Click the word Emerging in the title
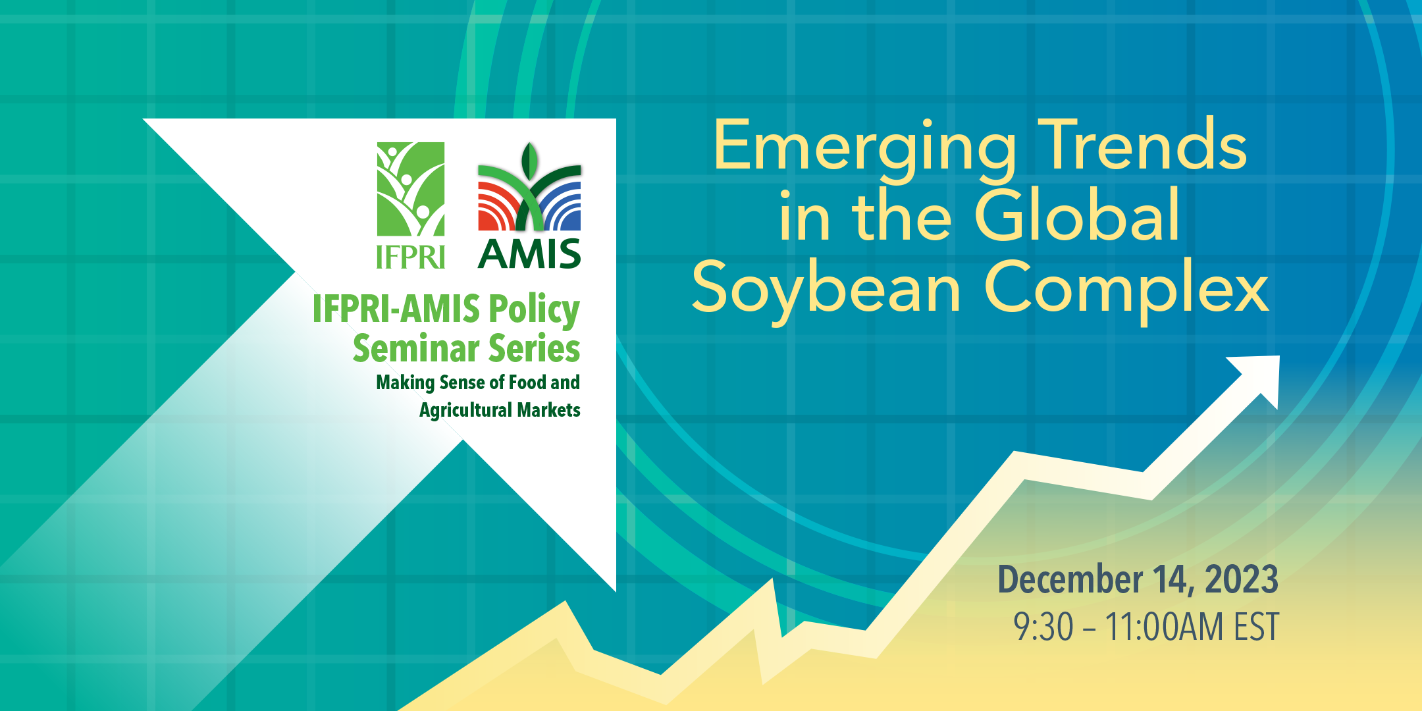[x=864, y=150]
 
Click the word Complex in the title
[x=1126, y=290]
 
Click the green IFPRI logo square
[x=411, y=189]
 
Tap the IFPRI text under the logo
[x=411, y=257]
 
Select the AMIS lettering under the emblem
[x=529, y=254]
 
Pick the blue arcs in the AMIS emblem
[x=561, y=206]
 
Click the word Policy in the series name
[x=534, y=310]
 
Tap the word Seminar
[x=416, y=348]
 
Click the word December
[x=1070, y=579]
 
